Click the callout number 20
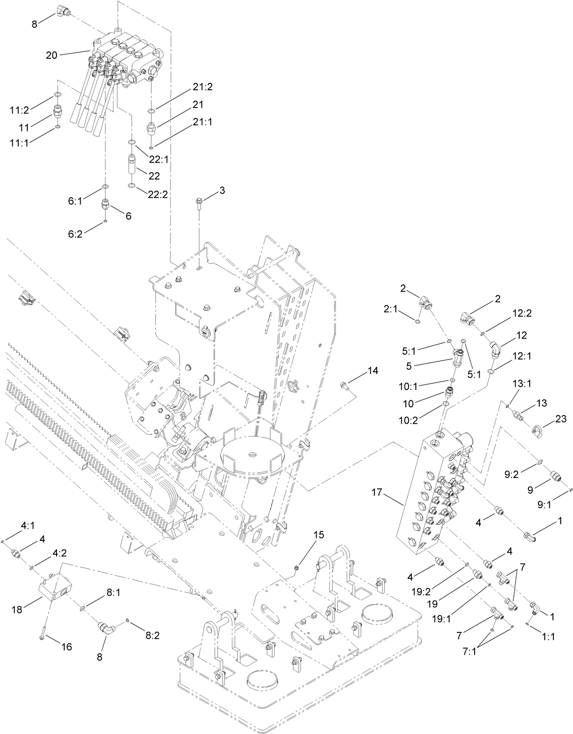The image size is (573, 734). pyautogui.click(x=51, y=55)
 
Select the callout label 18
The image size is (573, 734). pyautogui.click(x=17, y=609)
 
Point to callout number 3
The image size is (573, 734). pyautogui.click(x=222, y=190)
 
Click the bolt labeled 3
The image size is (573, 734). pyautogui.click(x=199, y=202)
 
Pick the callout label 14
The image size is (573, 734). pyautogui.click(x=373, y=370)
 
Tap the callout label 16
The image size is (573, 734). pyautogui.click(x=67, y=647)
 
